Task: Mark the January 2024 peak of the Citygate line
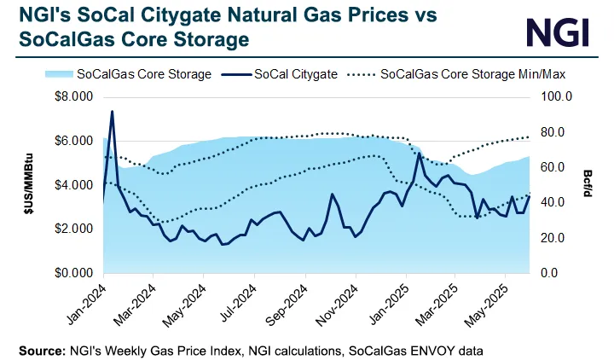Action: pos(112,112)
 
